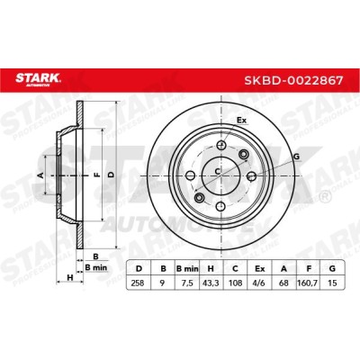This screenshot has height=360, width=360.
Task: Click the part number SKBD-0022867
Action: click(293, 80)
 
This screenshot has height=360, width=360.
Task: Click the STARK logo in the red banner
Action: click(38, 79)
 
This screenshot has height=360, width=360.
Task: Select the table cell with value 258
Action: click(139, 283)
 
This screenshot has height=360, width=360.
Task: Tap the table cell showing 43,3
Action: click(211, 283)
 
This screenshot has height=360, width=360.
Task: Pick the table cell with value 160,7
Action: click(308, 283)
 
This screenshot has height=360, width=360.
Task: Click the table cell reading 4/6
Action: click(259, 283)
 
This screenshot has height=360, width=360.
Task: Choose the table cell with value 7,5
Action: click(187, 283)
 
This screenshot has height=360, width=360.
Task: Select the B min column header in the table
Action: click(187, 268)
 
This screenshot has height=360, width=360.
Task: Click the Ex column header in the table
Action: click(259, 268)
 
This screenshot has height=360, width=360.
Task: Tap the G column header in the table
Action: click(332, 268)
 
